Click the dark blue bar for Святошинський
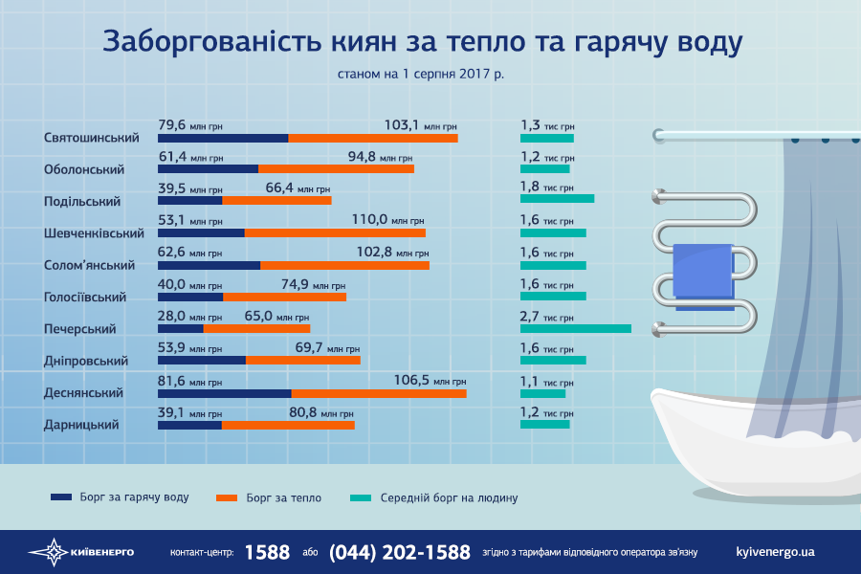pos(223,138)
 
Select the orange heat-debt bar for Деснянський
pos(379,392)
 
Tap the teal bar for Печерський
pos(575,328)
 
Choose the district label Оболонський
pos(85,169)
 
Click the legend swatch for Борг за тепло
pos(227,497)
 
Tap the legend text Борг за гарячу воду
pos(135,497)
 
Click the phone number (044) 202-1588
pos(399,552)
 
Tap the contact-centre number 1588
pos(267,552)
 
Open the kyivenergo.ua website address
pos(776,552)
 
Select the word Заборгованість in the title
pos(199,42)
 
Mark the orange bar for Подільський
pos(276,201)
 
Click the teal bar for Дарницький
pos(544,424)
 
